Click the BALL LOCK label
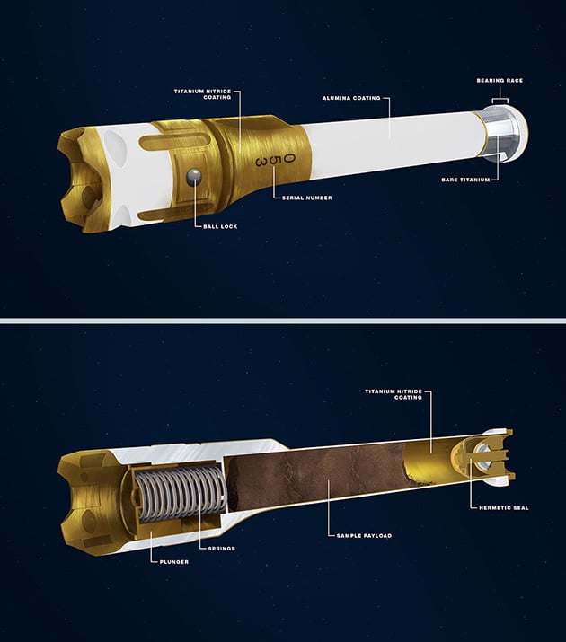[x=220, y=226]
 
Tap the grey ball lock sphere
[x=194, y=176]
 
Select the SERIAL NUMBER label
[x=307, y=198]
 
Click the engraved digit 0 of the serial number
[x=289, y=158]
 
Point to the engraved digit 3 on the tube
[x=261, y=163]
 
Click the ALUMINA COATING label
[x=351, y=98]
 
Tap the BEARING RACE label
[x=500, y=81]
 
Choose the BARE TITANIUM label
[x=465, y=180]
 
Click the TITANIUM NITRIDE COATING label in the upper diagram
[x=203, y=94]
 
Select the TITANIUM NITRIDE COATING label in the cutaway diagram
[x=394, y=394]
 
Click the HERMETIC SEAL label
[x=504, y=507]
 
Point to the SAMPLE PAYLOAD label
[x=364, y=535]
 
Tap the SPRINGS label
[x=222, y=549]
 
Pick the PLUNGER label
[x=174, y=562]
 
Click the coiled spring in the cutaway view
[x=181, y=495]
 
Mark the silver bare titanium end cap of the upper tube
[x=505, y=133]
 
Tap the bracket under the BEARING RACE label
[x=500, y=100]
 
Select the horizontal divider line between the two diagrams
[x=283, y=321]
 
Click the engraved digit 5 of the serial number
[x=274, y=161]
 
